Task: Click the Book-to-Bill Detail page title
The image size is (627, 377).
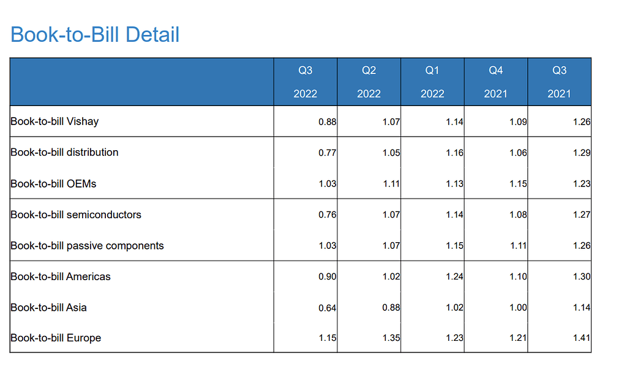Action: (95, 34)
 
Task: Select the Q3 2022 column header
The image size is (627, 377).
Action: (305, 82)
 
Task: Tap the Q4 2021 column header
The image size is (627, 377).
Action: (496, 82)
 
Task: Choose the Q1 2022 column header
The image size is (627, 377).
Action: (432, 82)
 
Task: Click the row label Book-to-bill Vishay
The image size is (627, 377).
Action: (54, 121)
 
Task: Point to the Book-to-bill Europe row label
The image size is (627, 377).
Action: (56, 338)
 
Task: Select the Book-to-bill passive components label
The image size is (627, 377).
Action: (87, 245)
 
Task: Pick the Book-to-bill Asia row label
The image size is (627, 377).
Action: (48, 307)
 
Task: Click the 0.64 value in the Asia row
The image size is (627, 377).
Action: (327, 308)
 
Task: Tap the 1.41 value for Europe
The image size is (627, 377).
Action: (581, 338)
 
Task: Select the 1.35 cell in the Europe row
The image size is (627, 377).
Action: (391, 338)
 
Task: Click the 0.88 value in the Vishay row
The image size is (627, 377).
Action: (327, 122)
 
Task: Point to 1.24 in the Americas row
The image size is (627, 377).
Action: (454, 276)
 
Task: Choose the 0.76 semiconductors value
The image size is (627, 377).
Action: (327, 215)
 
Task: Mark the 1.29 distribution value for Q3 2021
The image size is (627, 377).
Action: (581, 153)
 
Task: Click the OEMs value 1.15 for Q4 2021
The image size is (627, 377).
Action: (518, 184)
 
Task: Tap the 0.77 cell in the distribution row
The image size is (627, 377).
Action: (327, 153)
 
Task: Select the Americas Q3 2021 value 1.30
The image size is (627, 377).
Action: (581, 276)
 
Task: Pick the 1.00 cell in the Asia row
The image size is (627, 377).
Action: (518, 308)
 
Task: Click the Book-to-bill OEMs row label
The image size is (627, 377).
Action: (53, 183)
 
